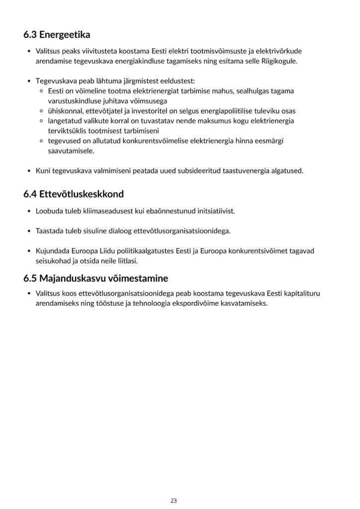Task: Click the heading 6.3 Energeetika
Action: pos(57,35)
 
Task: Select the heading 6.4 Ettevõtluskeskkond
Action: pos(73,194)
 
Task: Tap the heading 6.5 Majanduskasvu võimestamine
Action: pos(95,277)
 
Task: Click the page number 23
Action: pos(174,500)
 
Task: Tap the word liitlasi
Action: pos(126,260)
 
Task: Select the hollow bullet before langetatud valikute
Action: pos(41,121)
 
